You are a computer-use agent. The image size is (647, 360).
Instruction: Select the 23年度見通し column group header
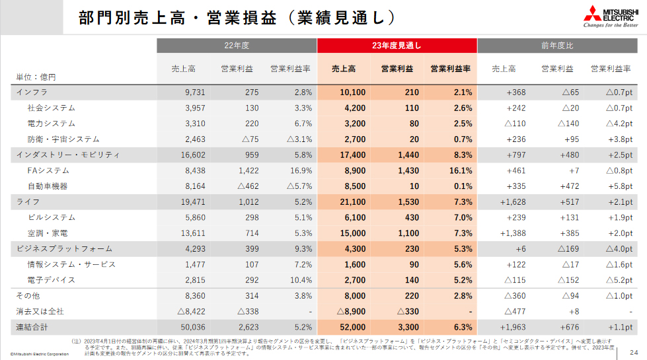397,46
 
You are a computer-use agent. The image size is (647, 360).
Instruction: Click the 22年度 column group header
236,46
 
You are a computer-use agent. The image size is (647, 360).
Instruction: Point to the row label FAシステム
48,170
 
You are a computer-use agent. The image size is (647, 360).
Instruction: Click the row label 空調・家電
47,233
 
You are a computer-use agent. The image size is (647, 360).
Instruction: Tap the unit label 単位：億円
36,77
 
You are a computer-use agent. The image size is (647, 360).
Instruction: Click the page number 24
634,351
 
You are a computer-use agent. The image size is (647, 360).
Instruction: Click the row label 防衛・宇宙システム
63,139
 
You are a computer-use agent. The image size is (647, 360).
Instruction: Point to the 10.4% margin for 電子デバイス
299,280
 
